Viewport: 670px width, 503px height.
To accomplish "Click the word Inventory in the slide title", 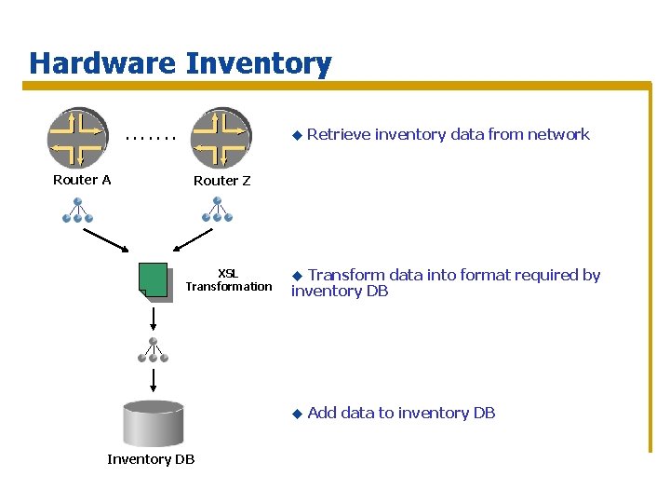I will coord(258,63).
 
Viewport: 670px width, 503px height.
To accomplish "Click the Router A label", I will coord(82,180).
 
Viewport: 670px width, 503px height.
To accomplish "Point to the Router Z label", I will coord(221,181).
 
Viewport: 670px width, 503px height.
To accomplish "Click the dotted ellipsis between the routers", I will coord(150,141).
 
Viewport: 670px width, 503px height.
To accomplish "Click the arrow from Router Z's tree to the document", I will coord(196,240).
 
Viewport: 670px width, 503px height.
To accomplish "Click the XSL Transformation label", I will coord(228,279).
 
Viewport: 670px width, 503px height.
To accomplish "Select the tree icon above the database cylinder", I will coord(153,350).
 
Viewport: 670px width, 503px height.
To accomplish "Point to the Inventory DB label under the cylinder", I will coord(151,459).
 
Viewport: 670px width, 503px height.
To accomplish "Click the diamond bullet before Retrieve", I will coord(297,135).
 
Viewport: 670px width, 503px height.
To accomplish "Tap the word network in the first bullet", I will coord(558,134).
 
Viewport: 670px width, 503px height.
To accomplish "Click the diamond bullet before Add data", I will coord(297,413).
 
